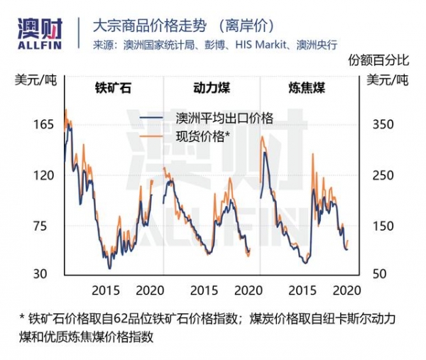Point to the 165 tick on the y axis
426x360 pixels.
click(44, 124)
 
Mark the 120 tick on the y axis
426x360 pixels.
click(44, 175)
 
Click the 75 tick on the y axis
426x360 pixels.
click(47, 226)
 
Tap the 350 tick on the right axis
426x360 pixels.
click(383, 124)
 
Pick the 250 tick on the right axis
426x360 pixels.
click(383, 175)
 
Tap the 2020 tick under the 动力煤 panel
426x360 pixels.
click(247, 290)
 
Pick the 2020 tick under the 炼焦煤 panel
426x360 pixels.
click(346, 290)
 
